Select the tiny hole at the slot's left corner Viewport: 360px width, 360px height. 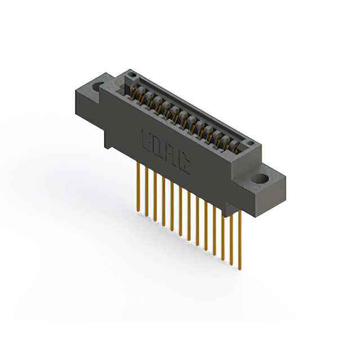(x=131, y=74)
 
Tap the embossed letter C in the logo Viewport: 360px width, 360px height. (x=183, y=163)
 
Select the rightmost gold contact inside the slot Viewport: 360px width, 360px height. (x=234, y=147)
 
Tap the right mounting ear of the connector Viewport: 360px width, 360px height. (x=264, y=186)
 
